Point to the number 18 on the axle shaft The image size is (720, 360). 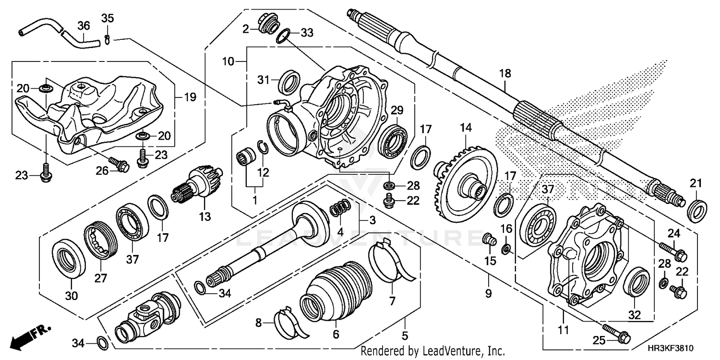pos(505,73)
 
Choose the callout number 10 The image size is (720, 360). pos(228,61)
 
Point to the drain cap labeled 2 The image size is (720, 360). pos(267,24)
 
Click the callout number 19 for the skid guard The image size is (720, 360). pos(190,97)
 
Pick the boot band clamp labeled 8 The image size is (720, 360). pos(287,320)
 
